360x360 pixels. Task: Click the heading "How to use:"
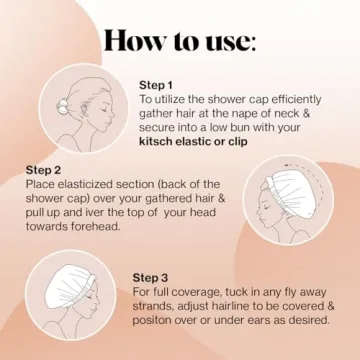[180, 43]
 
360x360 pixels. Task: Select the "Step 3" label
[151, 276]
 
